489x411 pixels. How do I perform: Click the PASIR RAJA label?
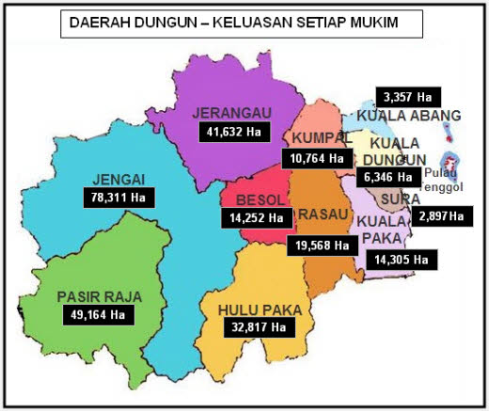click(x=98, y=295)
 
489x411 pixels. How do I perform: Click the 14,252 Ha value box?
click(x=253, y=217)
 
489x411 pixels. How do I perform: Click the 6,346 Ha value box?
click(x=386, y=176)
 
